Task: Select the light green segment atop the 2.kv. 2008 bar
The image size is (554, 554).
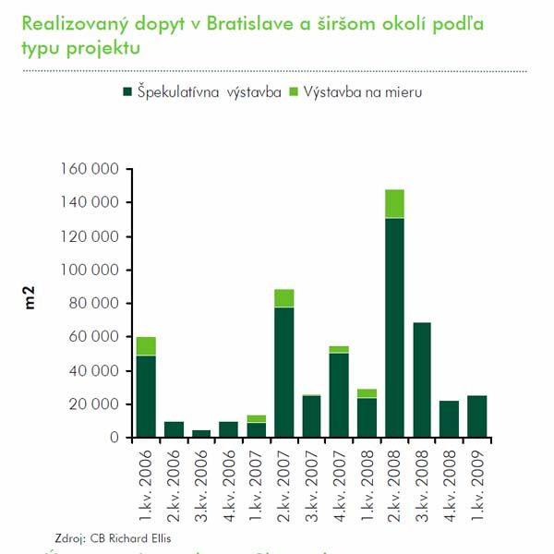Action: click(x=394, y=203)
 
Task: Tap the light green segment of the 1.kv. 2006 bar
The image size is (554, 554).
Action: click(x=145, y=345)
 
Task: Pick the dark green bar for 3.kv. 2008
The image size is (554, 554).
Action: click(x=422, y=379)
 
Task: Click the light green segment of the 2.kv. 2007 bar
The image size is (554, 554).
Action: click(x=283, y=297)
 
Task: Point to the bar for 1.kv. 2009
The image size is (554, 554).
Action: click(x=476, y=415)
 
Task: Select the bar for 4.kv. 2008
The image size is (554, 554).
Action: click(x=450, y=418)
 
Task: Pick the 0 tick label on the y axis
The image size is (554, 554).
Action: click(x=114, y=438)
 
